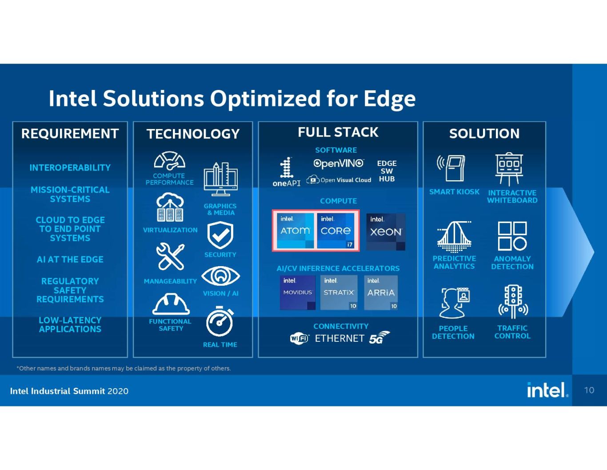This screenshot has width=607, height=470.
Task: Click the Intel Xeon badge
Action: [386, 231]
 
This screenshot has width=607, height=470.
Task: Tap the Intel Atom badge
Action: [295, 231]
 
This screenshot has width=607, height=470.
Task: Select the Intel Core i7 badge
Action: [336, 231]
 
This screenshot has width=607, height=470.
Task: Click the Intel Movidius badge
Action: [298, 292]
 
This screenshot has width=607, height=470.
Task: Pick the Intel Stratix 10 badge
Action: [339, 292]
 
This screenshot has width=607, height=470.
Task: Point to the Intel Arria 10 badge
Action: [381, 292]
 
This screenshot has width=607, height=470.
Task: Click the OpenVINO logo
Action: [339, 163]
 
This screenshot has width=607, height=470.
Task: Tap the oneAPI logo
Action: [287, 172]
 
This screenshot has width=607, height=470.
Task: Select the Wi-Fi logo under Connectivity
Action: [300, 339]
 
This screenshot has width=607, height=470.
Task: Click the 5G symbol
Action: [379, 337]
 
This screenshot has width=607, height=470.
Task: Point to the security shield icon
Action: [220, 235]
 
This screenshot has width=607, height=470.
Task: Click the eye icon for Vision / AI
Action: [220, 276]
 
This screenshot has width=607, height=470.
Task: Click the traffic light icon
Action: [513, 302]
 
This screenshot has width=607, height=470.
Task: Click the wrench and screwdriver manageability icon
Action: [170, 256]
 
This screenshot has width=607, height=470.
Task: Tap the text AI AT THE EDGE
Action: [70, 259]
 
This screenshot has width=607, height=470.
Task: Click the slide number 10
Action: [589, 390]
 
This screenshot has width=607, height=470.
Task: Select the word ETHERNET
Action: [339, 339]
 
